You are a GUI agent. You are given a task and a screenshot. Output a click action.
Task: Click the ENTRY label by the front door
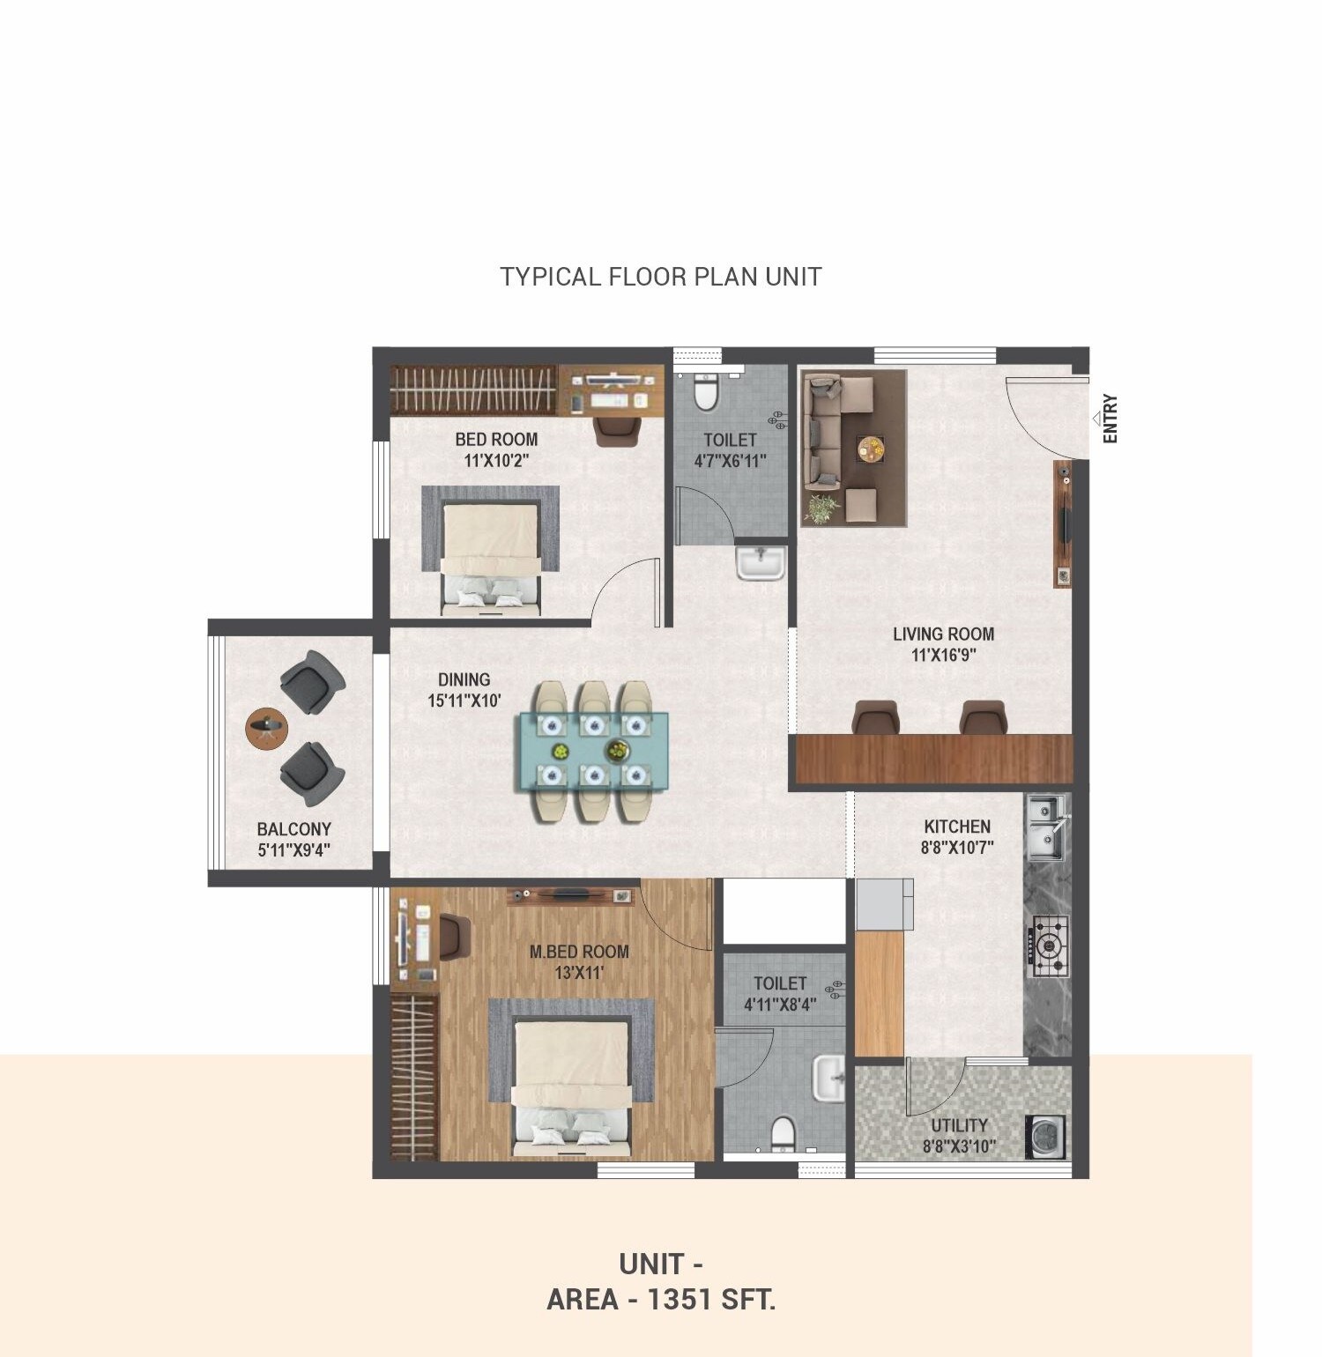point(1110,419)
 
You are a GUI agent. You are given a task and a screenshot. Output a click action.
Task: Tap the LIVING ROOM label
point(943,634)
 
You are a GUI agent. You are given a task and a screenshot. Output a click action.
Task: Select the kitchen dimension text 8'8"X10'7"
point(957,849)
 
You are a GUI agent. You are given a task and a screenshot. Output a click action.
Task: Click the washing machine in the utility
point(1046,1137)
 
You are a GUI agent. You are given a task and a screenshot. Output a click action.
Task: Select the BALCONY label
point(293,829)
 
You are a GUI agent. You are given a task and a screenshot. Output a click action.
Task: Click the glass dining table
point(591,750)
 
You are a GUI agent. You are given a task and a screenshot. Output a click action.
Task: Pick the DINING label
point(464,679)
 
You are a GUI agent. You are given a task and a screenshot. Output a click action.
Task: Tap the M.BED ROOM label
point(579,952)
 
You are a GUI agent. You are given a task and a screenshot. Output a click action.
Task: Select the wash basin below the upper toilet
point(761,563)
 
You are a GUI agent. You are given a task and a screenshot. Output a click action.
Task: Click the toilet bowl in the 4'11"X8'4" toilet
point(781,1134)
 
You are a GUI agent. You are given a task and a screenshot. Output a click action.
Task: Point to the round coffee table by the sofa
point(871,449)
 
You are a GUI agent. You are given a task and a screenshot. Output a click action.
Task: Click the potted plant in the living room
point(821,508)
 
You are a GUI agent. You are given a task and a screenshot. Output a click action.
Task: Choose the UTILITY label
point(959,1125)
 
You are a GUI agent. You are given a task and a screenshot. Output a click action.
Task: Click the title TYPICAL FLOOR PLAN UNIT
point(661,277)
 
